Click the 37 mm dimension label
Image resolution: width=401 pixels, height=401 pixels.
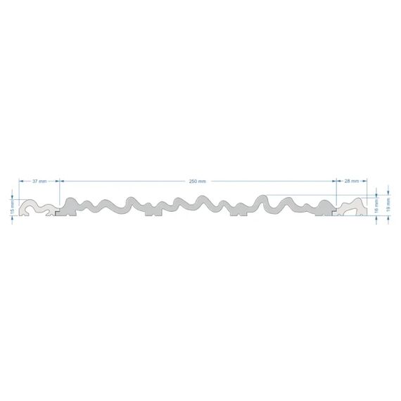(39, 182)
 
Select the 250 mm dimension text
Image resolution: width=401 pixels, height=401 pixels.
(198, 182)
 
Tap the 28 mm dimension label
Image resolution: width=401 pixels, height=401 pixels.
(352, 181)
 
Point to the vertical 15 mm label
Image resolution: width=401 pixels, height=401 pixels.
(12, 208)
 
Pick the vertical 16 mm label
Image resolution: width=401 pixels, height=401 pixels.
(376, 206)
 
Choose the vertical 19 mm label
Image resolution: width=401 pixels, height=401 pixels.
(388, 205)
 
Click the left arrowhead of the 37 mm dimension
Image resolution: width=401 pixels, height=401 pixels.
(21, 181)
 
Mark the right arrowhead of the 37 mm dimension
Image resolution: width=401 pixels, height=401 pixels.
(57, 181)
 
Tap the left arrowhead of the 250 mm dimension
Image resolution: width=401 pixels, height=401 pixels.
(62, 181)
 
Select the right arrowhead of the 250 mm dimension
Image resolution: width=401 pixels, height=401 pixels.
(334, 181)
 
